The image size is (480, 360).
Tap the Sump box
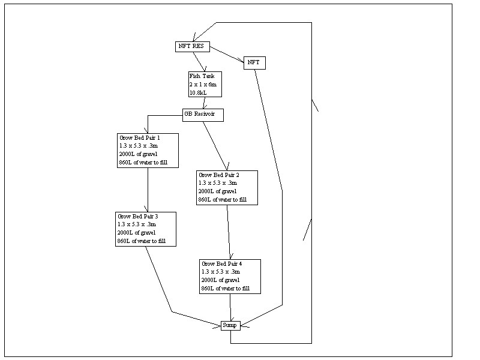click(x=230, y=325)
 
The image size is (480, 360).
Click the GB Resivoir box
click(x=203, y=115)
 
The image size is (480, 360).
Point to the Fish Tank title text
click(x=201, y=77)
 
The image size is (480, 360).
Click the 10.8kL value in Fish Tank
click(x=199, y=93)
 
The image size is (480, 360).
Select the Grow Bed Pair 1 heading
click(x=139, y=137)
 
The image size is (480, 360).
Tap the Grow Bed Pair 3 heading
click(x=138, y=216)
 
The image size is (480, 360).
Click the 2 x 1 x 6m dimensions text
click(x=203, y=85)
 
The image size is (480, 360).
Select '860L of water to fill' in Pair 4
click(x=226, y=289)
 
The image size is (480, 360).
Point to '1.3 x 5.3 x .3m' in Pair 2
click(x=218, y=184)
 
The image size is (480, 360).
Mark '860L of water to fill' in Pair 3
click(x=142, y=241)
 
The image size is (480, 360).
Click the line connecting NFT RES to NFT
click(x=227, y=55)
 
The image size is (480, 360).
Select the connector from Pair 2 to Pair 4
click(x=228, y=231)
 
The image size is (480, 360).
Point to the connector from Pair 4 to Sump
click(x=231, y=306)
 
